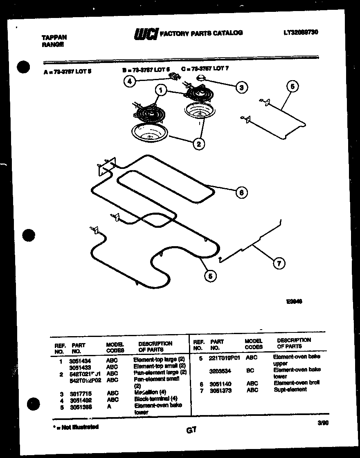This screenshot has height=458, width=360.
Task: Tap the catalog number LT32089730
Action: point(300,32)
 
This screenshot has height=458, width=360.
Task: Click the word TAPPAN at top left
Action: point(54,37)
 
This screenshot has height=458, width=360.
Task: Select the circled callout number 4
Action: point(130,81)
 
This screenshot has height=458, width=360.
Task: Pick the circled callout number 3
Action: point(241,87)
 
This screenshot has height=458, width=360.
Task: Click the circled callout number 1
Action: point(161,90)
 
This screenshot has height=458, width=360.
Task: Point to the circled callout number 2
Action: point(198,144)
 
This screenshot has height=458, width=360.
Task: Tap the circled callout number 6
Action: point(241,192)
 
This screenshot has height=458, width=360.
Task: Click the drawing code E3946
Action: point(294,302)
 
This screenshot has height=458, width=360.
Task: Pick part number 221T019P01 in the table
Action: point(224,357)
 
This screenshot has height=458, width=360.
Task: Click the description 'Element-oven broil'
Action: point(296,383)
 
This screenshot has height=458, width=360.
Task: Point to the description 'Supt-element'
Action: point(290,390)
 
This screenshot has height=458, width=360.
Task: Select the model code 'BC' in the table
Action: point(250,370)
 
